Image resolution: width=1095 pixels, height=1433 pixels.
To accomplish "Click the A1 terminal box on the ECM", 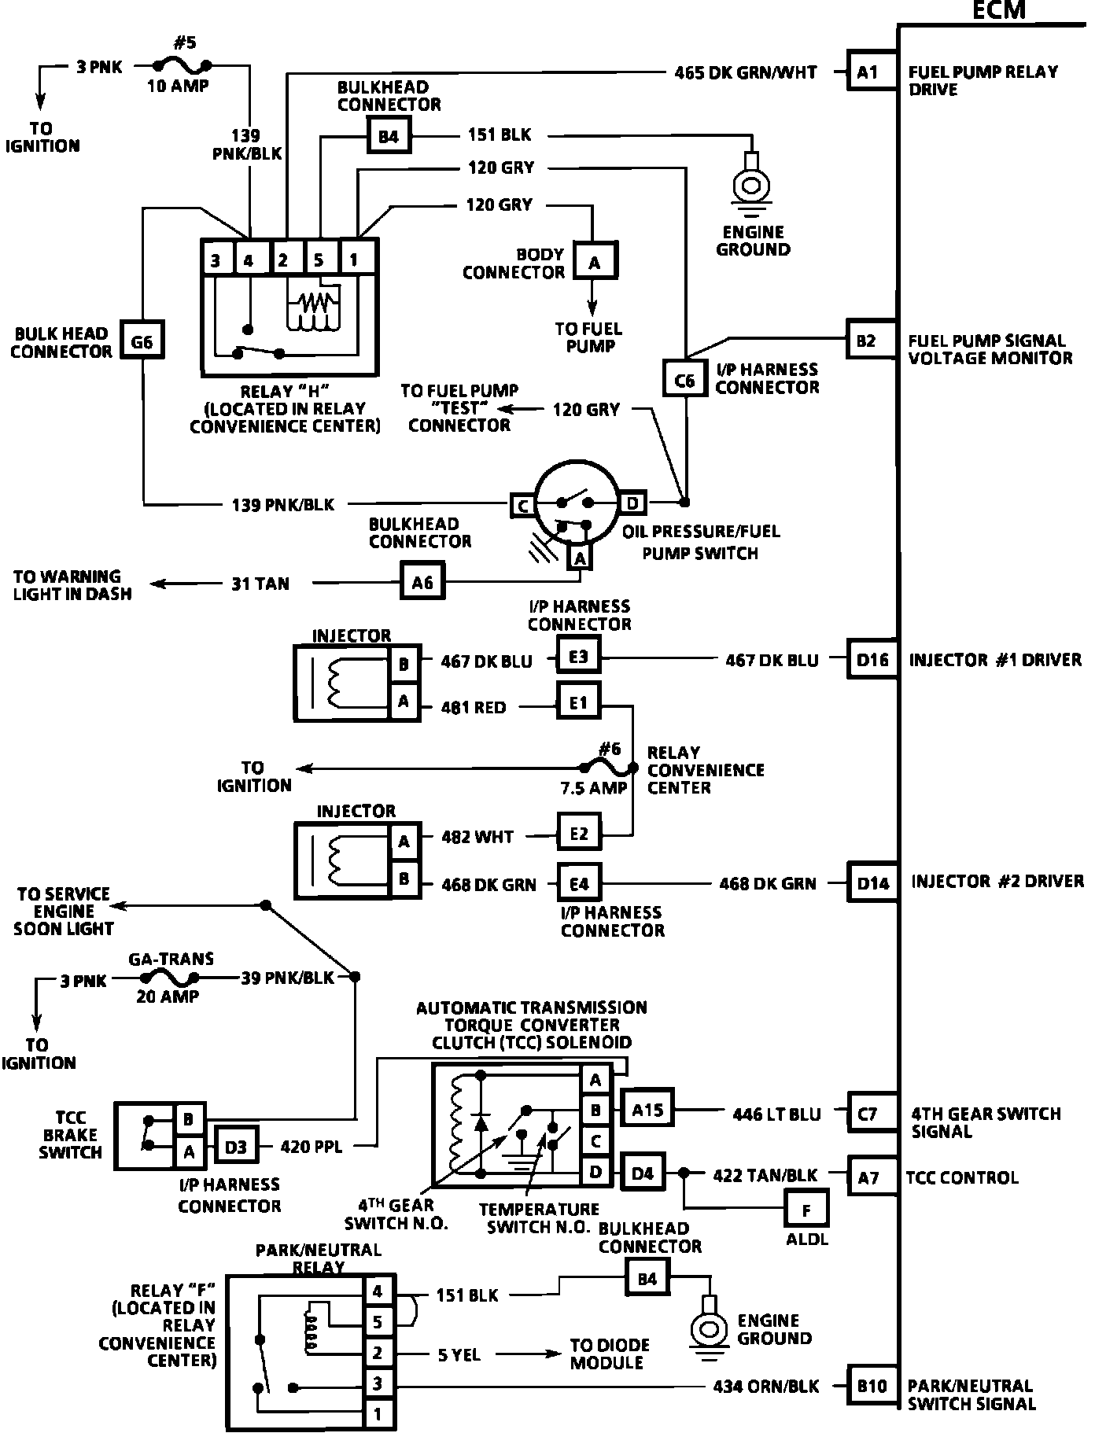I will click(868, 72).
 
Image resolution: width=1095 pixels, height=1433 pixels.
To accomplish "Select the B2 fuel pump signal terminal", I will click(868, 341).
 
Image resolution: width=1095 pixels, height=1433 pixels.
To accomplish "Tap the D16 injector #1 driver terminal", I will click(872, 660).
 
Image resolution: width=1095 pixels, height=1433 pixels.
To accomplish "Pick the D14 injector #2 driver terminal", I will click(872, 883).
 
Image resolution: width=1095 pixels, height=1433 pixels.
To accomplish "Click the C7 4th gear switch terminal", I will click(868, 1114).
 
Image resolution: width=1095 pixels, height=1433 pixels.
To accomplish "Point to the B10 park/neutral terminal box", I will click(872, 1386).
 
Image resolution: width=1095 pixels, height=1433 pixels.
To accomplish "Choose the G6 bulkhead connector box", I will click(142, 341).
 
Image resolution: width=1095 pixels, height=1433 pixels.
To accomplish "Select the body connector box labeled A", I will click(594, 262).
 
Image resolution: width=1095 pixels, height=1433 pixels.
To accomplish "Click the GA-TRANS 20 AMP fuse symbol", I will click(168, 978).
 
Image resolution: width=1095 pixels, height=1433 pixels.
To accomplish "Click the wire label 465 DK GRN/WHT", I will click(746, 72).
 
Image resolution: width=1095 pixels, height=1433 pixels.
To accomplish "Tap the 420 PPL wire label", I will click(312, 1147).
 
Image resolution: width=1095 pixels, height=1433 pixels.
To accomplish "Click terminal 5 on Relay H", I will click(319, 259).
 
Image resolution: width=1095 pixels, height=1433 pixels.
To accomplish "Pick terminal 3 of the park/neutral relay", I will click(378, 1383).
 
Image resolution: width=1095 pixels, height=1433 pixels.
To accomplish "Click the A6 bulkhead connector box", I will click(422, 582).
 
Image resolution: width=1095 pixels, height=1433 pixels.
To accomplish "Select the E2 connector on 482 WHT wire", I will click(578, 834).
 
